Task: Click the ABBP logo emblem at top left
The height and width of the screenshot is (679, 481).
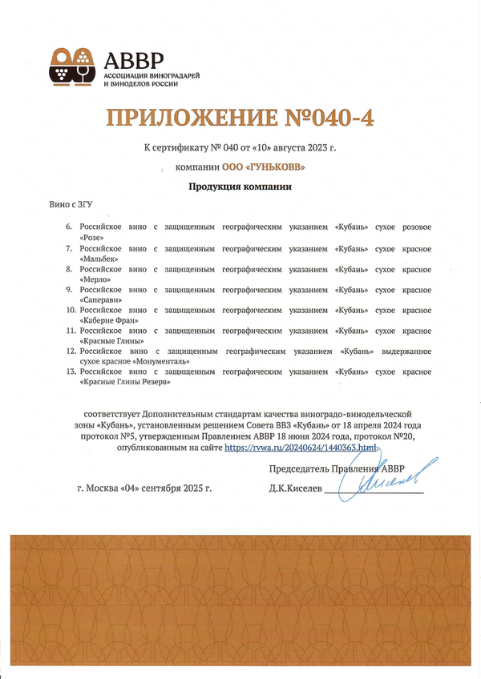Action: [x=72, y=66]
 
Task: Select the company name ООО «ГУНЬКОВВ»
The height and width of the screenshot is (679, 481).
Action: [x=264, y=167]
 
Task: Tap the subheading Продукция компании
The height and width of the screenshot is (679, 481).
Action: [x=240, y=187]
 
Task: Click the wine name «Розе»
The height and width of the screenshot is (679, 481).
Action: [x=92, y=238]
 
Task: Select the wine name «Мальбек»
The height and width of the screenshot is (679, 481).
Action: [x=99, y=259]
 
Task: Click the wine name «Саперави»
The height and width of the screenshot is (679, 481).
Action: [x=101, y=299]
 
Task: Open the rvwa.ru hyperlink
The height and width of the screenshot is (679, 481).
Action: [x=299, y=446]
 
